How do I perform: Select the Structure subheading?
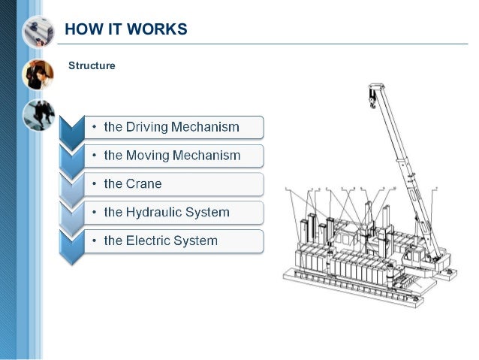tap(92, 66)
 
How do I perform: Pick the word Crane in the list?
tap(143, 184)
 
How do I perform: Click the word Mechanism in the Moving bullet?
tap(209, 156)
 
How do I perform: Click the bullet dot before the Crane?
tap(94, 184)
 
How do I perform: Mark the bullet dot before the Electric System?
tap(94, 241)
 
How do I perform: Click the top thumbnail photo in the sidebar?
tap(38, 32)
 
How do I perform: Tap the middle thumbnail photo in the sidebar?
tap(38, 74)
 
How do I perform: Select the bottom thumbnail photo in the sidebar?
tap(38, 115)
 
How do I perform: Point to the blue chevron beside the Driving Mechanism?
tap(71, 132)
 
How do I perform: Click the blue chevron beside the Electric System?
tap(71, 247)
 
